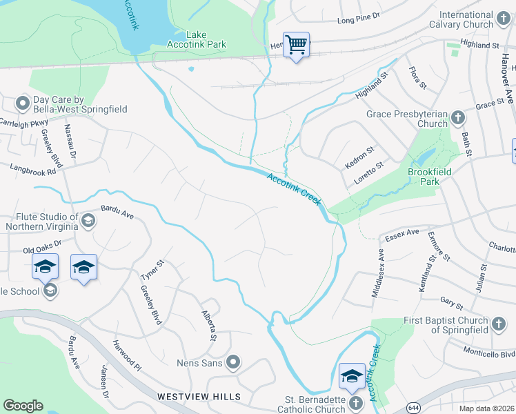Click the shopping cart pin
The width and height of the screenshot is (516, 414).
click(x=296, y=45)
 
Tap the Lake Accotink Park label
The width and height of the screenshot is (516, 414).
click(x=197, y=39)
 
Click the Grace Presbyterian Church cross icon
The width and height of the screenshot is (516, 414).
click(x=458, y=119)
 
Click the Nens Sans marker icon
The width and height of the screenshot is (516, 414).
click(x=233, y=362)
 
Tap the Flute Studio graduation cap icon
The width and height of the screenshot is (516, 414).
click(x=88, y=221)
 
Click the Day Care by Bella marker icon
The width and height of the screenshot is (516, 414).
click(x=21, y=104)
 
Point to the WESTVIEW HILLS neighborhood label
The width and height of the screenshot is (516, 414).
click(x=199, y=397)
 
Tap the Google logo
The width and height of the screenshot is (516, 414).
click(x=23, y=406)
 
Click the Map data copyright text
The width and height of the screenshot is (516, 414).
click(x=487, y=408)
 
